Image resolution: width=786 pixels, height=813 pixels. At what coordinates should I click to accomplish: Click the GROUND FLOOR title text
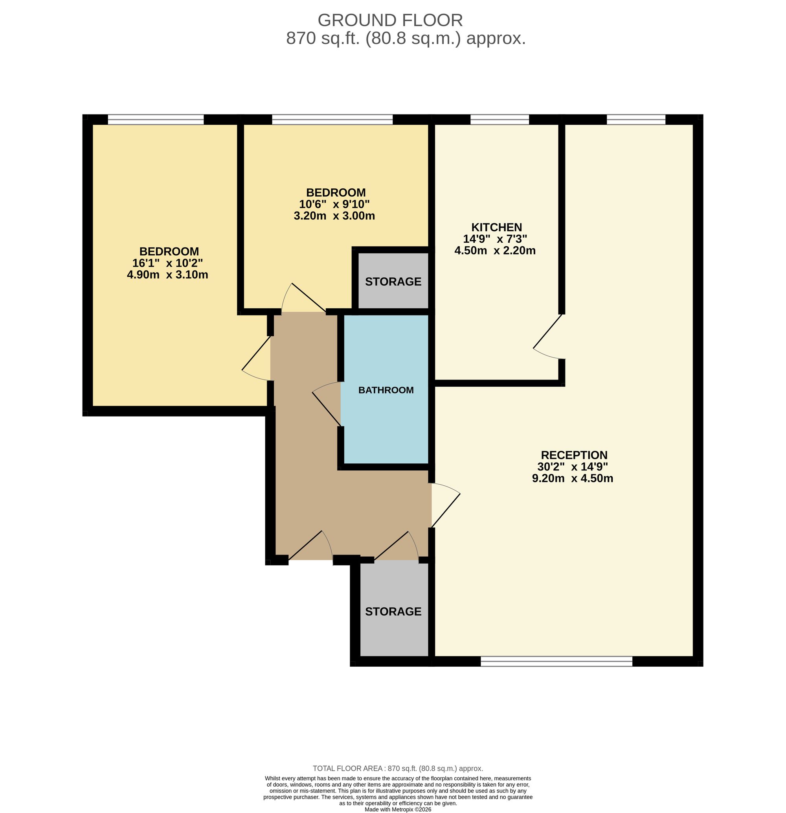coord(390,20)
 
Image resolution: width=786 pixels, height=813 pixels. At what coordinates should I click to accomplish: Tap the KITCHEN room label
coord(496,227)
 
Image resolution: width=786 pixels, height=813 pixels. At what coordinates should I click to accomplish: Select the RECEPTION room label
coord(574,455)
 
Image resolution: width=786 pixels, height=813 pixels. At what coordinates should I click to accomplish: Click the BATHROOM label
coord(386,390)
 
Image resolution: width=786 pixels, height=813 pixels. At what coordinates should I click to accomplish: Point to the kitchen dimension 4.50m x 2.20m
coord(495,251)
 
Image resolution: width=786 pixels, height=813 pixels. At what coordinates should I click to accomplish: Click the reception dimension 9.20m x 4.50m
coord(573,478)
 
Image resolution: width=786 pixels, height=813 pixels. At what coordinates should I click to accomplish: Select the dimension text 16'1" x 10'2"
coord(167,263)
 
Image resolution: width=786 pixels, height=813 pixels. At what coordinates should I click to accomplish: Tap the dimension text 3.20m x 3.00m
coord(334,216)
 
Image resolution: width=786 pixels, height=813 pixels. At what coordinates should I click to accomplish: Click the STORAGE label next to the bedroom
coord(393,282)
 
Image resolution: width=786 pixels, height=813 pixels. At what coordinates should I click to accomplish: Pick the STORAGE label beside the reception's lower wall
coord(393,611)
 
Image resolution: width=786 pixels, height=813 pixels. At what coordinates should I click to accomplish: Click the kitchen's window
coord(500,120)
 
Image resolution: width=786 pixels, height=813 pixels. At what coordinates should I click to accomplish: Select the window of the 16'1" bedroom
coord(156,120)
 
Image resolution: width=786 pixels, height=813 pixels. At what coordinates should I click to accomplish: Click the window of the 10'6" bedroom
coord(332,120)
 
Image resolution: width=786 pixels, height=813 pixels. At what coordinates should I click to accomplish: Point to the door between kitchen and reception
coord(548,336)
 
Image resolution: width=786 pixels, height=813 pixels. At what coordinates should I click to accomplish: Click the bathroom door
coord(327,404)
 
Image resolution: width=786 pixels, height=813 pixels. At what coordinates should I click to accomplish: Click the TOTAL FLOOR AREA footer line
coord(398,768)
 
